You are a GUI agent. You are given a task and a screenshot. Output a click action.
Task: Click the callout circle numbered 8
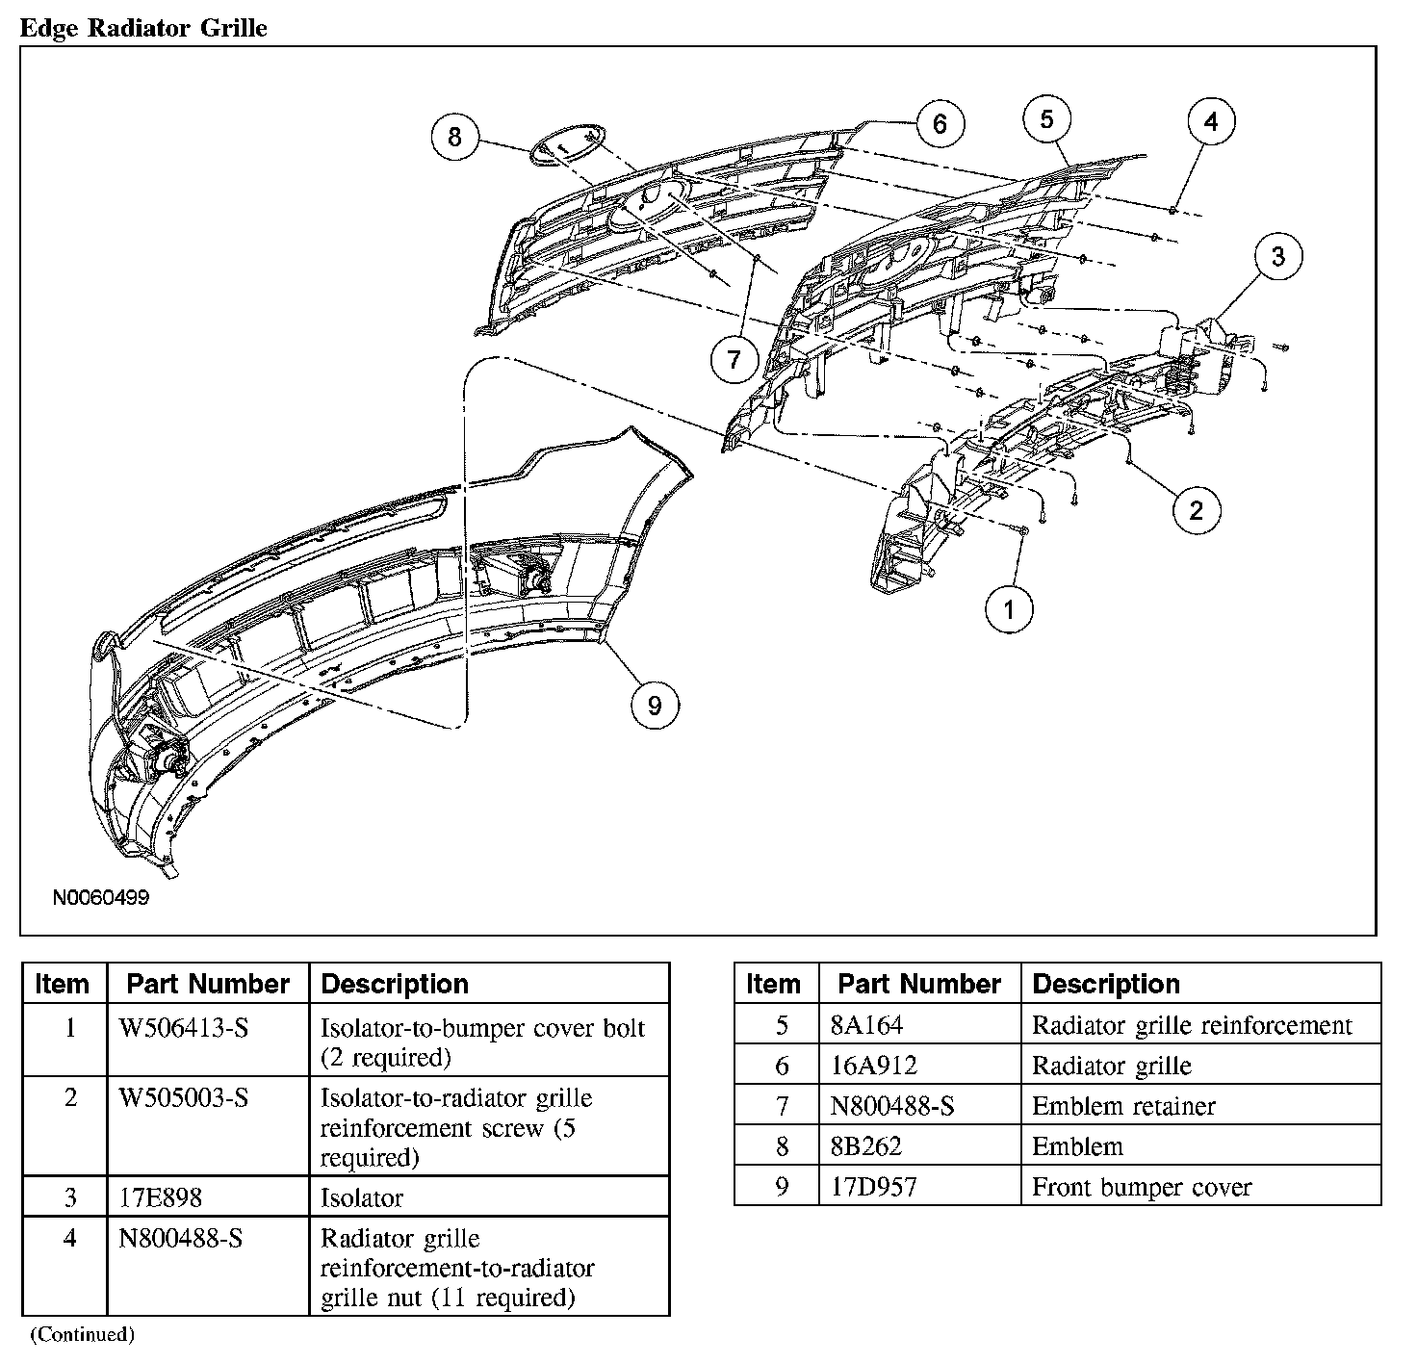point(454,137)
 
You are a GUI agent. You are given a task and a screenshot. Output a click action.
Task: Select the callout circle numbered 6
point(940,123)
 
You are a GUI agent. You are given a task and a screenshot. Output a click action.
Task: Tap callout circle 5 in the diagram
point(1047,119)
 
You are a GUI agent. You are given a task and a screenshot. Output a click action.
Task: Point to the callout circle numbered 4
point(1211,122)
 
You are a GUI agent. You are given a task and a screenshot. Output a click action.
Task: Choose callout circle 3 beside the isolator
point(1277,257)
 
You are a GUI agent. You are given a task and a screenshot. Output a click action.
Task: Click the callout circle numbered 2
point(1197,510)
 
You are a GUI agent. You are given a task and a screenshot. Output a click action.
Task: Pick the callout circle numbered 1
point(1009,609)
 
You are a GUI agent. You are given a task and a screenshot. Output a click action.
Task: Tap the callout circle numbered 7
point(734,360)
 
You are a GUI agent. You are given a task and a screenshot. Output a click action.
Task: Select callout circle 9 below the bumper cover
point(655,706)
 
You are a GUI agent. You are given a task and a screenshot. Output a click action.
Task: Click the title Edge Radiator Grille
point(143,28)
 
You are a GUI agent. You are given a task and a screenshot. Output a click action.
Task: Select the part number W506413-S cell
point(183,1029)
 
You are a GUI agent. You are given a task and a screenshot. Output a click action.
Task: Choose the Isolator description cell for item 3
point(362,1198)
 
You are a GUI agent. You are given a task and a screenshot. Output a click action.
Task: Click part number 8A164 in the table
point(867,1026)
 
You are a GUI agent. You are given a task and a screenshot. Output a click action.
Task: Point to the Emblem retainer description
point(1123,1107)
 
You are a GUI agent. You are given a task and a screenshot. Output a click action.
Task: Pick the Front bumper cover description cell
point(1142,1188)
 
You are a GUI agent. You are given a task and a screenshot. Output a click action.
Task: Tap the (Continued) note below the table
point(82,1334)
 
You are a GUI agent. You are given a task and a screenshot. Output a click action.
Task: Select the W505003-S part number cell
point(183,1098)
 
